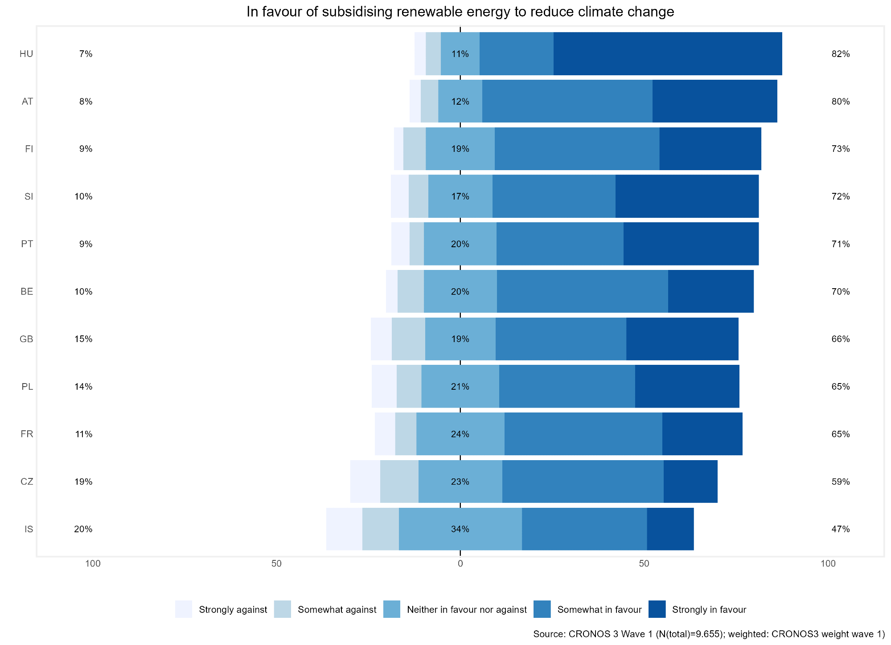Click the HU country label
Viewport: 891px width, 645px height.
click(26, 54)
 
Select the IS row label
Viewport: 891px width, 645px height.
click(29, 529)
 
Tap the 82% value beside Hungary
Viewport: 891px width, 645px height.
click(841, 54)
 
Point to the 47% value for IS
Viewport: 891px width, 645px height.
click(841, 529)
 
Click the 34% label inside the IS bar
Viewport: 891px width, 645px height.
click(460, 529)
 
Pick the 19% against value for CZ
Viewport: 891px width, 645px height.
click(83, 482)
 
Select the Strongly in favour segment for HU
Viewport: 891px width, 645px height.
click(667, 54)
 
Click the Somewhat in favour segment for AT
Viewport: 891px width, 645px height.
click(567, 101)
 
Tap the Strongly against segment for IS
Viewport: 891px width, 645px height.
click(344, 529)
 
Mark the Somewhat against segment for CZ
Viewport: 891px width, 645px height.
click(399, 482)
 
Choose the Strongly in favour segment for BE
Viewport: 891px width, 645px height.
click(710, 291)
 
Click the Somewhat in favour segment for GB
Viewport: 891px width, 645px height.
click(561, 339)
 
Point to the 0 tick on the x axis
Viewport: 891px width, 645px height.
click(460, 563)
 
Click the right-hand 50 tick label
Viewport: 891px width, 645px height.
click(644, 563)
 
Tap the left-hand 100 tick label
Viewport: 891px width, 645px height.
click(93, 563)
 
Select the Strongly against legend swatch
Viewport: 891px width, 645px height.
click(184, 609)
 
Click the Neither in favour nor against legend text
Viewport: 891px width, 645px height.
click(467, 609)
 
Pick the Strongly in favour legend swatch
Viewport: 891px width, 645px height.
click(657, 609)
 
